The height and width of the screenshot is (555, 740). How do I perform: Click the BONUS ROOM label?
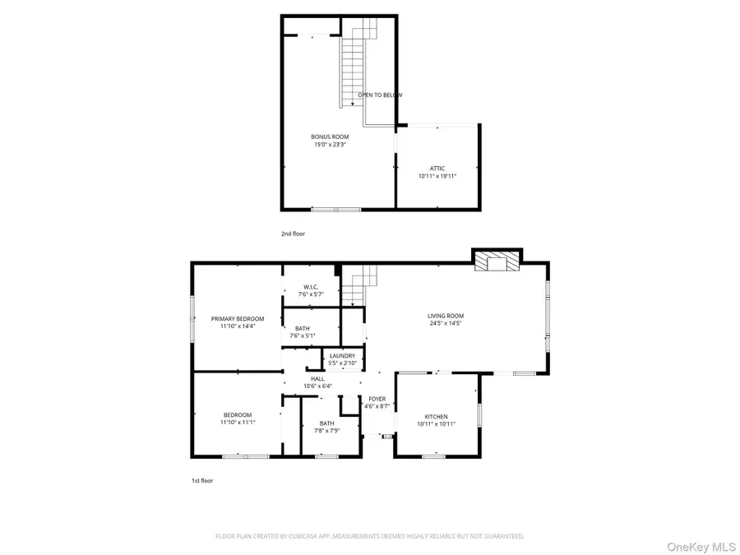pyautogui.click(x=330, y=136)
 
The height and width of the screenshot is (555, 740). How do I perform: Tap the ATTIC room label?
pyautogui.click(x=437, y=168)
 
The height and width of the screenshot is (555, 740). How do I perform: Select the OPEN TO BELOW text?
pyautogui.click(x=380, y=95)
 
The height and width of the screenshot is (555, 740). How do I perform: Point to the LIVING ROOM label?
pyautogui.click(x=445, y=316)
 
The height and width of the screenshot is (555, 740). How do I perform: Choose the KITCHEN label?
pyautogui.click(x=436, y=416)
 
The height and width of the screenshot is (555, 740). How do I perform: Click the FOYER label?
pyautogui.click(x=377, y=399)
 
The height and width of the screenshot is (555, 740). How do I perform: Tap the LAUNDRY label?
pyautogui.click(x=342, y=355)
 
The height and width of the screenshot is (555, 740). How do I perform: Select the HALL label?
pyautogui.click(x=317, y=378)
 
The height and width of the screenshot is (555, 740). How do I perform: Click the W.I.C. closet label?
pyautogui.click(x=311, y=286)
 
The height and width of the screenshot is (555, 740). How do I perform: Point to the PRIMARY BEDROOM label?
pyautogui.click(x=238, y=318)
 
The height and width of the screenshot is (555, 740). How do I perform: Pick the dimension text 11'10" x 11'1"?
pyautogui.click(x=238, y=423)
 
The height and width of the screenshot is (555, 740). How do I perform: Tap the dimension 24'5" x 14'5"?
pyautogui.click(x=445, y=324)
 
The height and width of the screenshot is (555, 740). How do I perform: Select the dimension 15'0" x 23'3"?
pyautogui.click(x=330, y=145)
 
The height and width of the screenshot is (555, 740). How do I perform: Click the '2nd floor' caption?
pyautogui.click(x=293, y=234)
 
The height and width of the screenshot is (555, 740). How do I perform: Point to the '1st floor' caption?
pyautogui.click(x=201, y=480)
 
